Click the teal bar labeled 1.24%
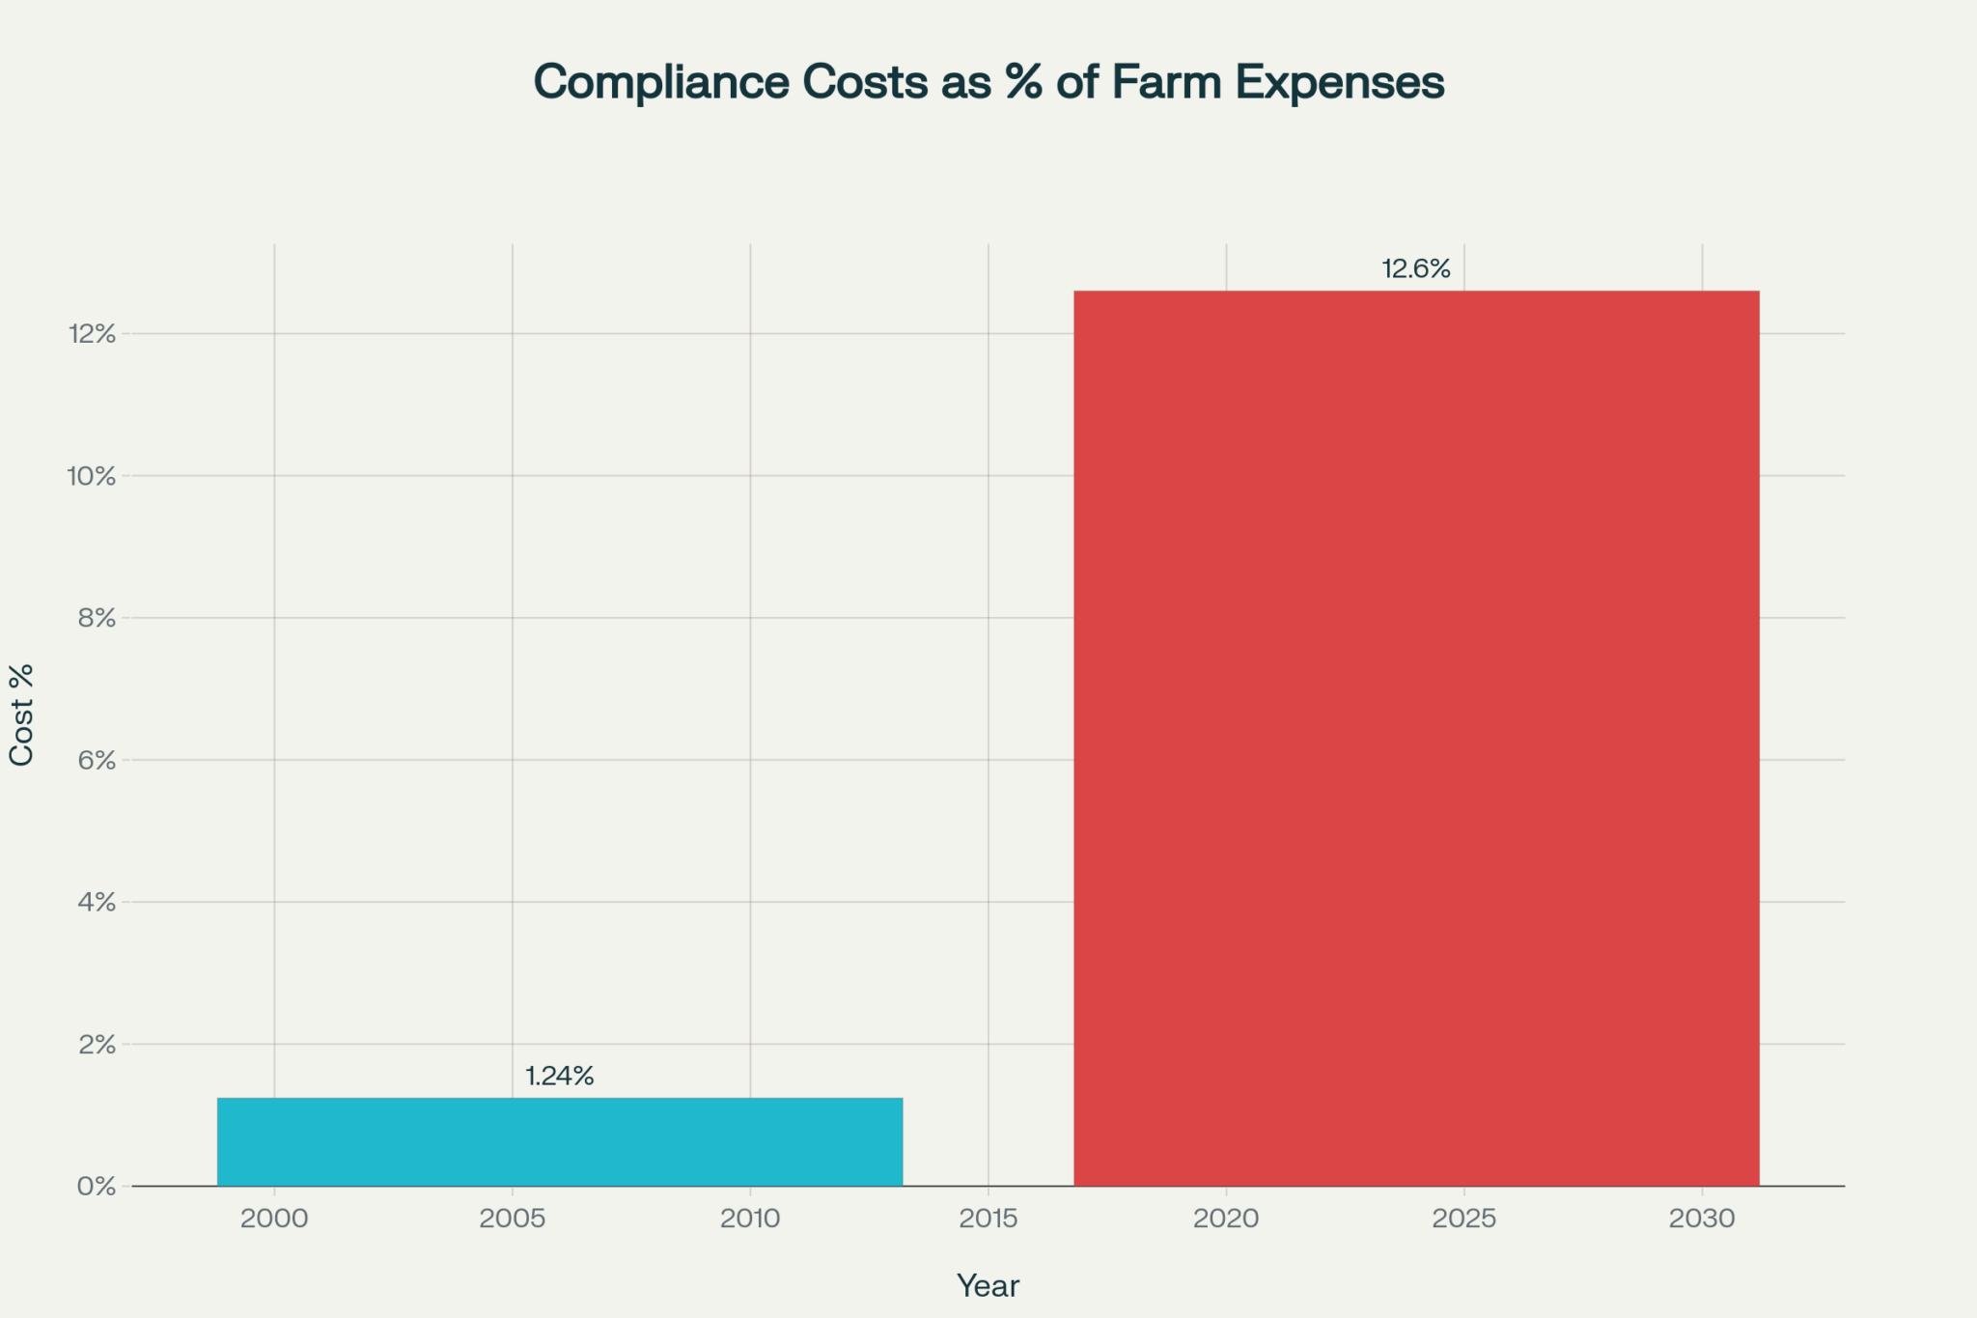pos(560,1141)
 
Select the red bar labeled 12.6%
pos(1416,738)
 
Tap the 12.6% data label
pos(1416,269)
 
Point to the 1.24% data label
pos(560,1077)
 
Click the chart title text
pos(988,82)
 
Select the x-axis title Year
pos(988,1286)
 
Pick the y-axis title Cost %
pos(22,715)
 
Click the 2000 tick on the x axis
pos(274,1219)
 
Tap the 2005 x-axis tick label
pos(513,1219)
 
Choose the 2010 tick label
pos(750,1219)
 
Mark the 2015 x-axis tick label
pos(988,1219)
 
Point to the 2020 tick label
pos(1226,1219)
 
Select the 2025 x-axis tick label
pos(1464,1219)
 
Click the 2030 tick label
pos(1702,1219)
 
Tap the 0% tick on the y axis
pos(97,1187)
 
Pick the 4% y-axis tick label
pos(97,903)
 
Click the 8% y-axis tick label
pos(97,618)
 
